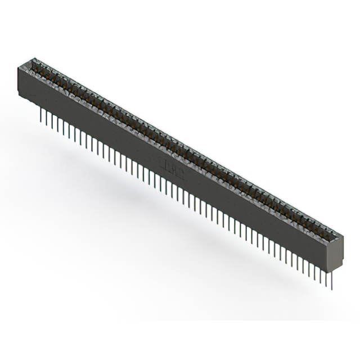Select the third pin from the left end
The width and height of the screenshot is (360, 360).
pyautogui.click(x=53, y=120)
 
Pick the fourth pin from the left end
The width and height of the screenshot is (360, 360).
pyautogui.click(x=58, y=123)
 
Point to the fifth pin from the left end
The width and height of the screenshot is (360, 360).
pyautogui.click(x=64, y=125)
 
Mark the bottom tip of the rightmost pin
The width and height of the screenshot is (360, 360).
pyautogui.click(x=332, y=289)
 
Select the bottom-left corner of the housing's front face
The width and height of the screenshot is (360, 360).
pyautogui.click(x=20, y=93)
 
